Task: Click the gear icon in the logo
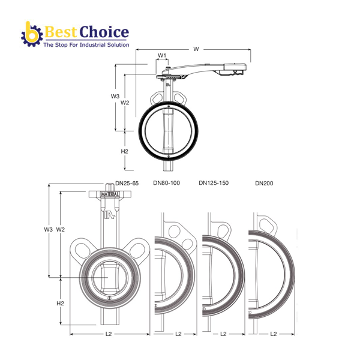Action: (x=32, y=35)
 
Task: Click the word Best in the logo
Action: (x=60, y=32)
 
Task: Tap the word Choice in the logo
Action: (x=104, y=32)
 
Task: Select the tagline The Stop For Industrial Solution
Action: (x=86, y=45)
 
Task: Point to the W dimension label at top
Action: (x=196, y=49)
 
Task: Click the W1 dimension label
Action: (x=162, y=55)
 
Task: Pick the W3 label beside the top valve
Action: (x=115, y=96)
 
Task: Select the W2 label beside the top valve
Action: (x=125, y=103)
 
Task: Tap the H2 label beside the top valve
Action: (x=124, y=151)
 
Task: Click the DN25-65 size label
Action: (x=127, y=183)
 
